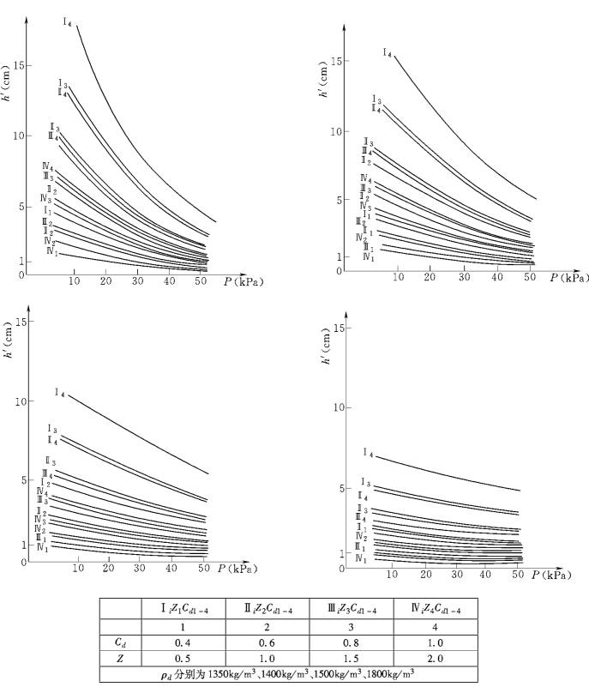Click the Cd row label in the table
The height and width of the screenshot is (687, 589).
coord(121,639)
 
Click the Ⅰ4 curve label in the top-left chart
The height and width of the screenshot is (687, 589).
coord(67,22)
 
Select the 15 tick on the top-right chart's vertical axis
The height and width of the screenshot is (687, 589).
coord(336,62)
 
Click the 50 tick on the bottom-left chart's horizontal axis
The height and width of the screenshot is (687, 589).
coord(203,569)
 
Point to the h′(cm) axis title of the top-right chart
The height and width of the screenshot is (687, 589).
coord(325,82)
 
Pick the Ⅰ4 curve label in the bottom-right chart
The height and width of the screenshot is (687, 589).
coord(367,453)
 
